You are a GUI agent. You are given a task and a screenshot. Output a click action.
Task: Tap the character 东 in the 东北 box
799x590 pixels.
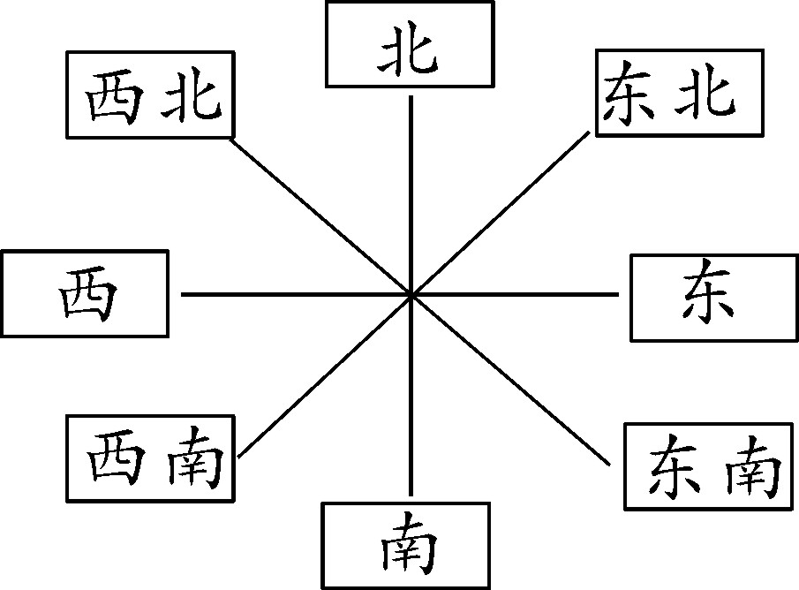coord(629,93)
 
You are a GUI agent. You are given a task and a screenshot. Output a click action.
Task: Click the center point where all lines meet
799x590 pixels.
coord(411,293)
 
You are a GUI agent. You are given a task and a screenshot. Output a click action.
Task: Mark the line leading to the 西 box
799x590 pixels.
coord(291,293)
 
